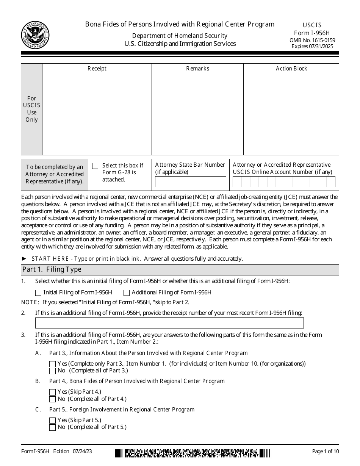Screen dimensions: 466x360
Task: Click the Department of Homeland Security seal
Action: click(x=35, y=35)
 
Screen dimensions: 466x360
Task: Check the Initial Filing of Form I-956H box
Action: click(x=38, y=292)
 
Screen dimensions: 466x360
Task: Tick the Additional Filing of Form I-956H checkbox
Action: click(x=127, y=292)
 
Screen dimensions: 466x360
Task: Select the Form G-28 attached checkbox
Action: click(x=95, y=166)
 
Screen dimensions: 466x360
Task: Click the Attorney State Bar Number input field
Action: click(x=191, y=182)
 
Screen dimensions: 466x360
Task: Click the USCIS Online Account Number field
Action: click(x=284, y=182)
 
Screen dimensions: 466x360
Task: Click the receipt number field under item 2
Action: click(x=169, y=323)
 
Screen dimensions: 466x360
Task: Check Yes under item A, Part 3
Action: click(x=53, y=364)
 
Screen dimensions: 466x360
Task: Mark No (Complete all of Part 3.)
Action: click(x=53, y=371)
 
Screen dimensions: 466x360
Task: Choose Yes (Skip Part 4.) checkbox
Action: click(x=53, y=392)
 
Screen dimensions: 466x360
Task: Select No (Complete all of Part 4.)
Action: click(x=53, y=399)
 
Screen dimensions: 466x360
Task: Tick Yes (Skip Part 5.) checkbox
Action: click(x=53, y=420)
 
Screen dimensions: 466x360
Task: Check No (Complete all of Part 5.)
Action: click(x=53, y=427)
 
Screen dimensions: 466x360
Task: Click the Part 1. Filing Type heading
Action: click(x=52, y=270)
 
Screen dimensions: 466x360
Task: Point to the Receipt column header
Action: click(x=97, y=69)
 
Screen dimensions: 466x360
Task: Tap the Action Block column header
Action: click(x=291, y=69)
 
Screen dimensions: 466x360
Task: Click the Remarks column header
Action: click(x=197, y=69)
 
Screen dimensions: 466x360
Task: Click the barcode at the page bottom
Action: click(x=193, y=453)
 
